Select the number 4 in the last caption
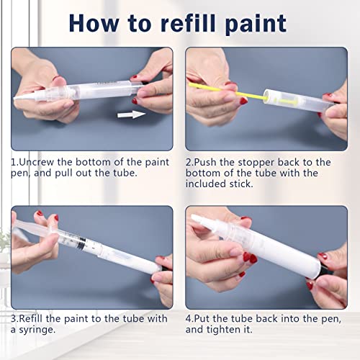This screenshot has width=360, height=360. (189, 318)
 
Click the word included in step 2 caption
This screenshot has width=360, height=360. (210, 186)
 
